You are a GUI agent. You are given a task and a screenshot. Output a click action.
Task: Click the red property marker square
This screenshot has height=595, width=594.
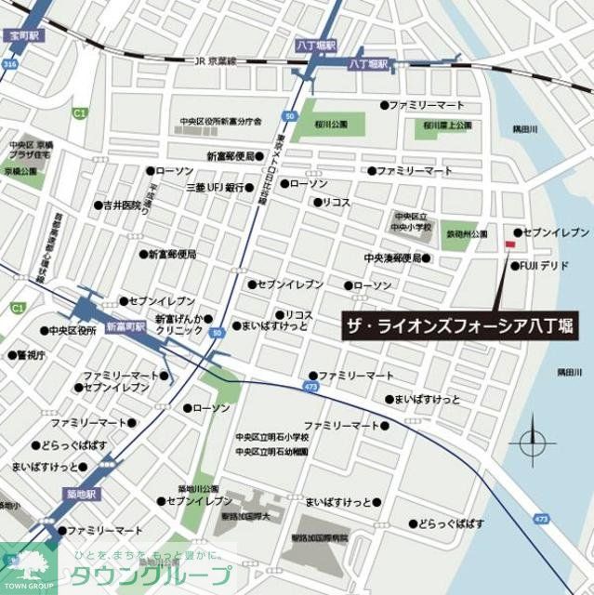508,245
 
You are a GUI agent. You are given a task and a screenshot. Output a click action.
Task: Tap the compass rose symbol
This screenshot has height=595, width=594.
533,441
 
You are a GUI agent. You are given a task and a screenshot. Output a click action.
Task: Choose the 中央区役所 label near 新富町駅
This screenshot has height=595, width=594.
73,330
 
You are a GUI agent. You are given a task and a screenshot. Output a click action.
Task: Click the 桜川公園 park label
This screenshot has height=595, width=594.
331,124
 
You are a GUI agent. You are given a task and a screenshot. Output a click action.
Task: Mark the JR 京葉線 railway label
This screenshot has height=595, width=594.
218,61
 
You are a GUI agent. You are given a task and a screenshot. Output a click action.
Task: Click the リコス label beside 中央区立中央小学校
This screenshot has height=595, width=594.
337,202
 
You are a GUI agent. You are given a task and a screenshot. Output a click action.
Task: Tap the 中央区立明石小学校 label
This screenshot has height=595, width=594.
272,437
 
